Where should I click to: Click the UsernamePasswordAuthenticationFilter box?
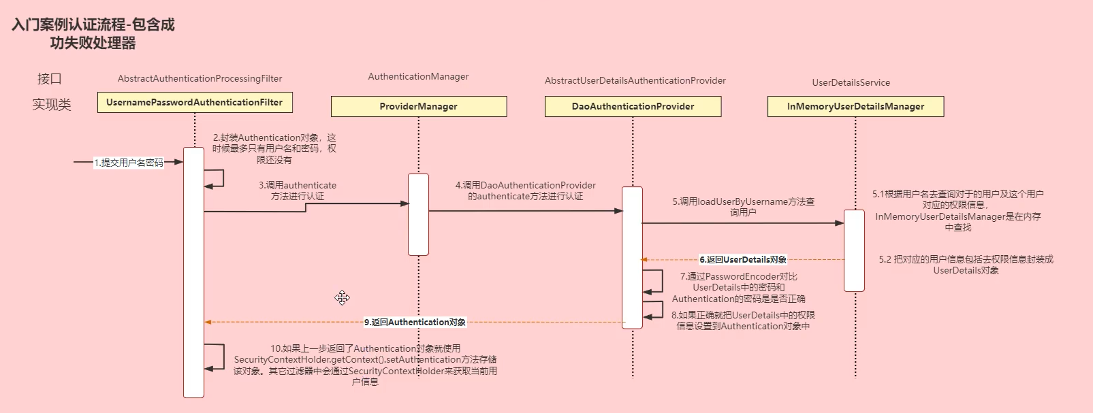(195, 102)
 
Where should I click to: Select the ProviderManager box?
(418, 106)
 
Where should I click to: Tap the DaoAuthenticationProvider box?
(633, 106)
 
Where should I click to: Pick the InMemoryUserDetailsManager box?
(855, 106)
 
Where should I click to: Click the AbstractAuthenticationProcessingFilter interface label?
(200, 78)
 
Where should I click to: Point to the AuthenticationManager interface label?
(418, 76)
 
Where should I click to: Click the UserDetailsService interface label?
(851, 82)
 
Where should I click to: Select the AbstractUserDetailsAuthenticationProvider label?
(635, 80)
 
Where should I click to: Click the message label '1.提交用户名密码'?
(129, 163)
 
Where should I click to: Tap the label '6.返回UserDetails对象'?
(743, 259)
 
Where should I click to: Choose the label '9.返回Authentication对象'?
(415, 322)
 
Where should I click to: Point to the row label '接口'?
(49, 78)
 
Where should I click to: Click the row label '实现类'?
(51, 104)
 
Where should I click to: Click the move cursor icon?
(342, 297)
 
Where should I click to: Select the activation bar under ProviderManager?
(418, 214)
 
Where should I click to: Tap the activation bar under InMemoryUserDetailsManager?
(854, 250)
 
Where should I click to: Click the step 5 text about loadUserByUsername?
(743, 207)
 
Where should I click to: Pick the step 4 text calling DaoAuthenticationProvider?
(525, 191)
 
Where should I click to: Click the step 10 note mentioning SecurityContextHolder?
(365, 365)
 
